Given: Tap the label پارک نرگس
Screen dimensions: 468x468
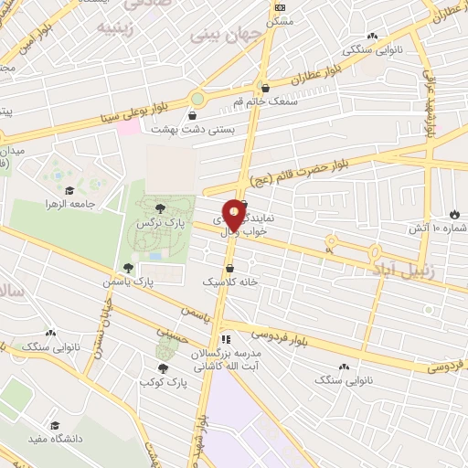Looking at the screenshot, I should (x=154, y=223).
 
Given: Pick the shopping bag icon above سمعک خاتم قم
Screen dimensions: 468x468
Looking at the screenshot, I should (x=265, y=89).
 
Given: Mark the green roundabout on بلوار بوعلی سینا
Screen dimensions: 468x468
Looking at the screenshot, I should (x=197, y=98).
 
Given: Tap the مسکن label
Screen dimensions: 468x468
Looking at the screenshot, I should (x=279, y=20).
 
